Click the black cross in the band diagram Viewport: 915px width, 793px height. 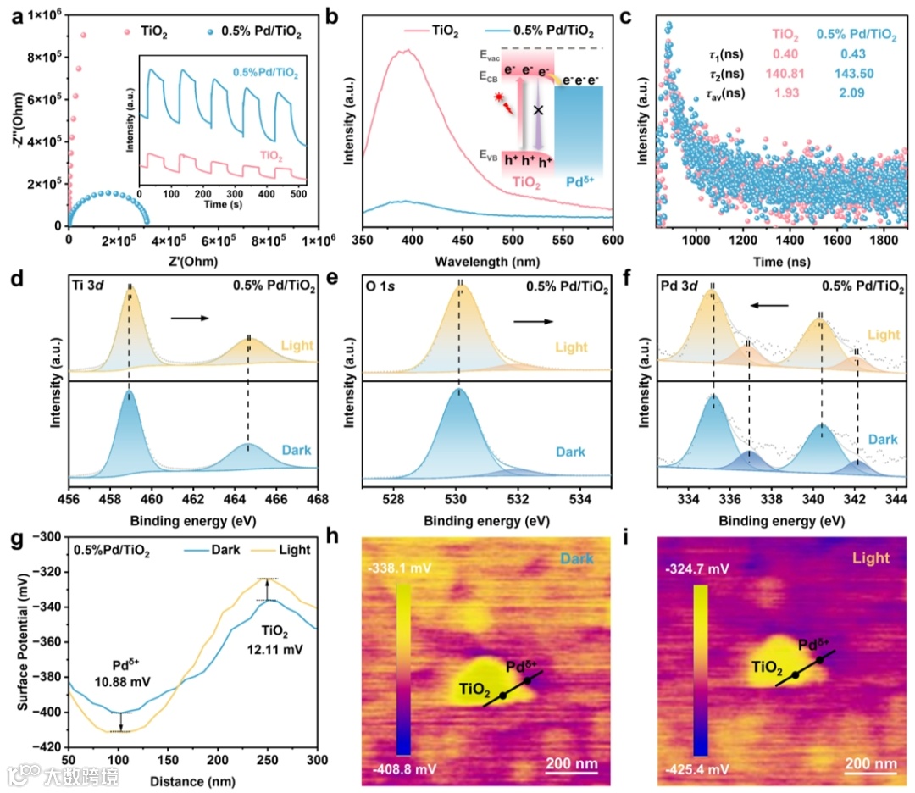(536, 110)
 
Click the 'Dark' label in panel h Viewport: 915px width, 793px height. (579, 559)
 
